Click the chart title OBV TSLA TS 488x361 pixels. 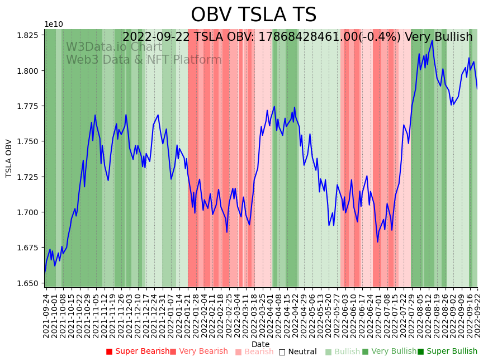coord(253,15)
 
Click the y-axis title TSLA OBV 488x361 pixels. coord(9,158)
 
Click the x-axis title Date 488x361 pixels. coord(260,344)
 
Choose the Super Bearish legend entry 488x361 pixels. coord(138,351)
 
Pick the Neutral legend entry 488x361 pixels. coord(297,351)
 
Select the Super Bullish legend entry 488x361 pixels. coord(447,351)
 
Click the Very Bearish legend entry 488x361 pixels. coord(198,351)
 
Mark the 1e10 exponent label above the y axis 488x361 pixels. coord(54,25)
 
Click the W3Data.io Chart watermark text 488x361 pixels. coord(114,47)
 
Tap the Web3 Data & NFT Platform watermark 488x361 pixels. coord(144,60)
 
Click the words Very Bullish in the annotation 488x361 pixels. coord(439,37)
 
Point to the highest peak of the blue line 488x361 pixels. coord(432,40)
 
